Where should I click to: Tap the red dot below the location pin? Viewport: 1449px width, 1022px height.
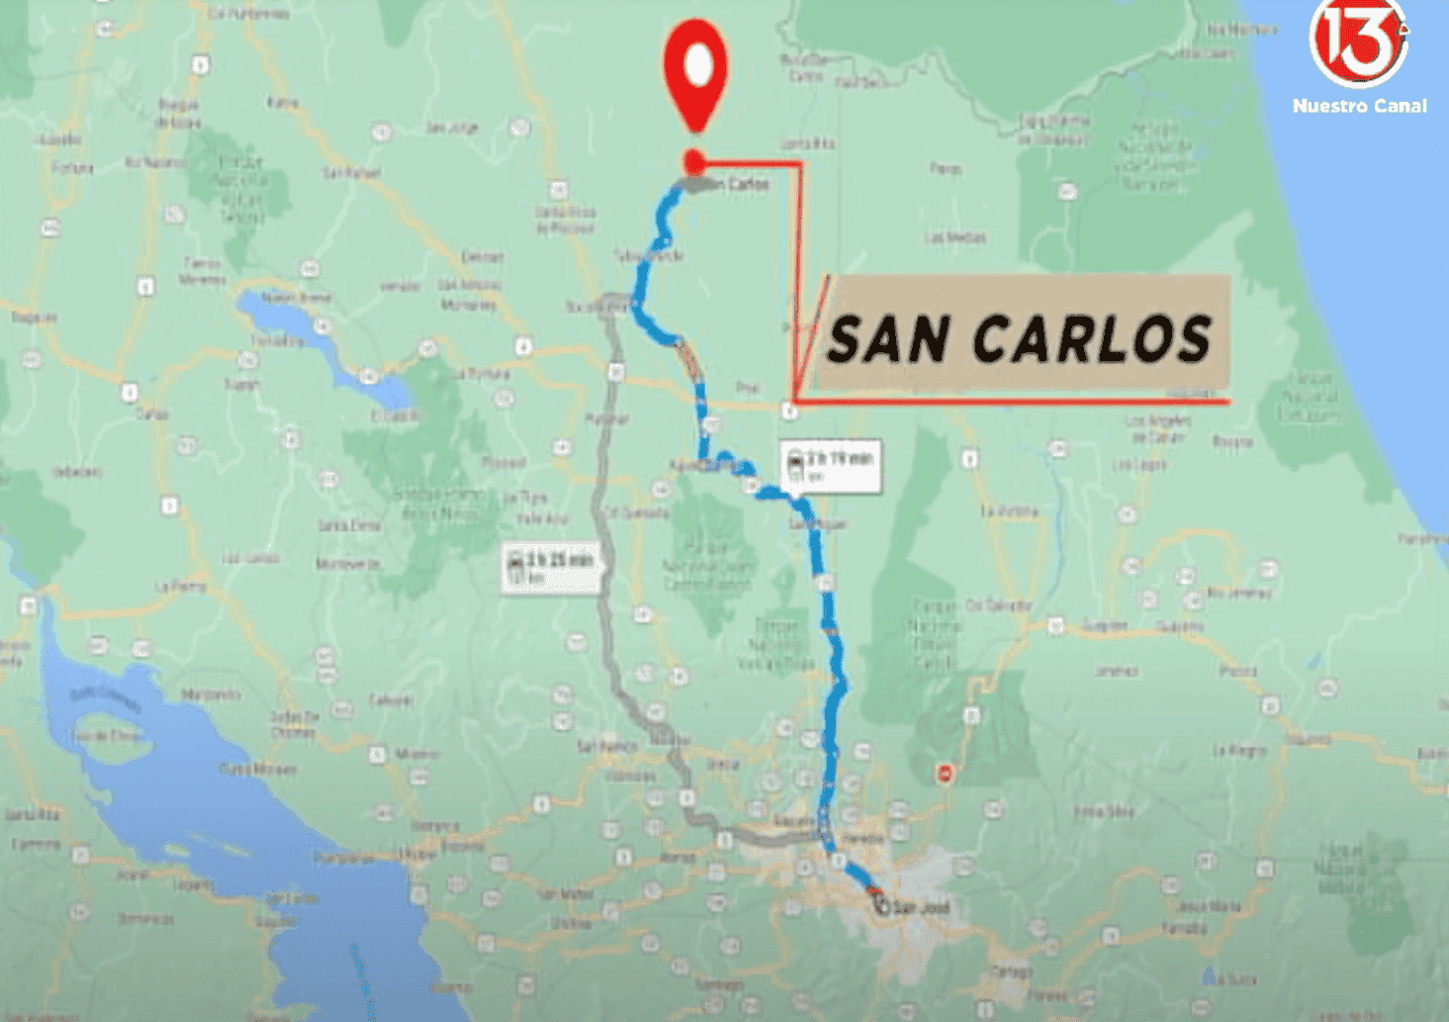pyautogui.click(x=694, y=161)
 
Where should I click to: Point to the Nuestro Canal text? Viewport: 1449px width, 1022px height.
pyautogui.click(x=1359, y=106)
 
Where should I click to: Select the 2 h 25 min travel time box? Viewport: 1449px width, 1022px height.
pyautogui.click(x=551, y=568)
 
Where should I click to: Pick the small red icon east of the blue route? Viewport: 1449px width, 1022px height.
pyautogui.click(x=945, y=773)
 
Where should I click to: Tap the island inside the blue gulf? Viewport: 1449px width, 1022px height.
pyautogui.click(x=109, y=737)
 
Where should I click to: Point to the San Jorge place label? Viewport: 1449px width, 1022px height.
pyautogui.click(x=452, y=128)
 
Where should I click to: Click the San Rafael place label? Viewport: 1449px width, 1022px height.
pyautogui.click(x=351, y=173)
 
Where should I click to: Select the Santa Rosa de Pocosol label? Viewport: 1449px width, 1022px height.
pyautogui.click(x=566, y=220)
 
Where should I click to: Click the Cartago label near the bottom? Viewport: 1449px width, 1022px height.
pyautogui.click(x=1010, y=972)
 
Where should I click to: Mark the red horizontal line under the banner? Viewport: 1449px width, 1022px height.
pyautogui.click(x=1009, y=402)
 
